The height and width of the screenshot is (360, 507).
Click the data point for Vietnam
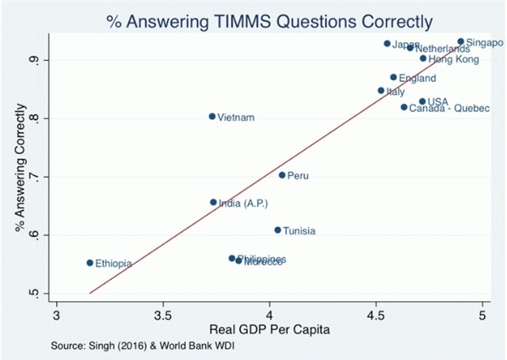tap(212, 117)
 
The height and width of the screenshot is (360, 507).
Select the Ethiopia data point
tap(90, 262)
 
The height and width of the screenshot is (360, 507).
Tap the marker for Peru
tap(282, 175)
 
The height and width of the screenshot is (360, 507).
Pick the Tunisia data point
tap(277, 230)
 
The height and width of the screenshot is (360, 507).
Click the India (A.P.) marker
tap(213, 202)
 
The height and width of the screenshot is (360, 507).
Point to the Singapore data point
tap(460, 41)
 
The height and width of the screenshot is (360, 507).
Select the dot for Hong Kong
tap(423, 59)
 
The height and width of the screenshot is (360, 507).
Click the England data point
tap(393, 78)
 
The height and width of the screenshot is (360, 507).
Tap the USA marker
tap(422, 101)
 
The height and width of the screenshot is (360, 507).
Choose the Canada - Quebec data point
tap(404, 107)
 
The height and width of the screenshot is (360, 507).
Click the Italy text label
tap(395, 92)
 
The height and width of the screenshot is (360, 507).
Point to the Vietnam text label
tap(236, 117)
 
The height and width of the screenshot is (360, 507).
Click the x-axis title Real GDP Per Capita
tap(269, 328)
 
